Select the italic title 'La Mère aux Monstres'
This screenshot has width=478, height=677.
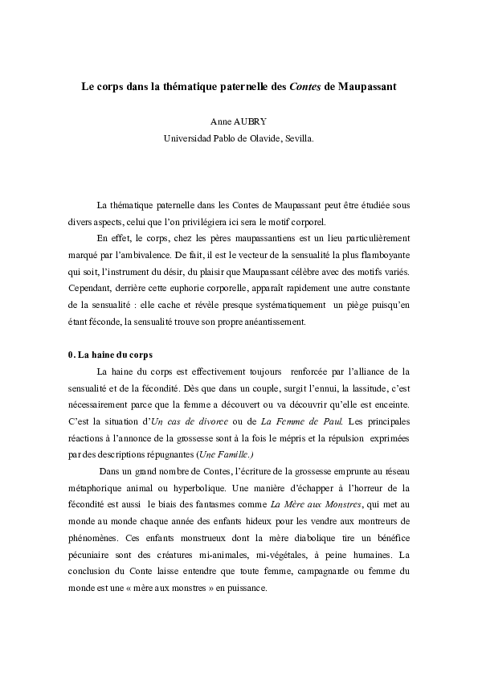pos(309,504)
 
